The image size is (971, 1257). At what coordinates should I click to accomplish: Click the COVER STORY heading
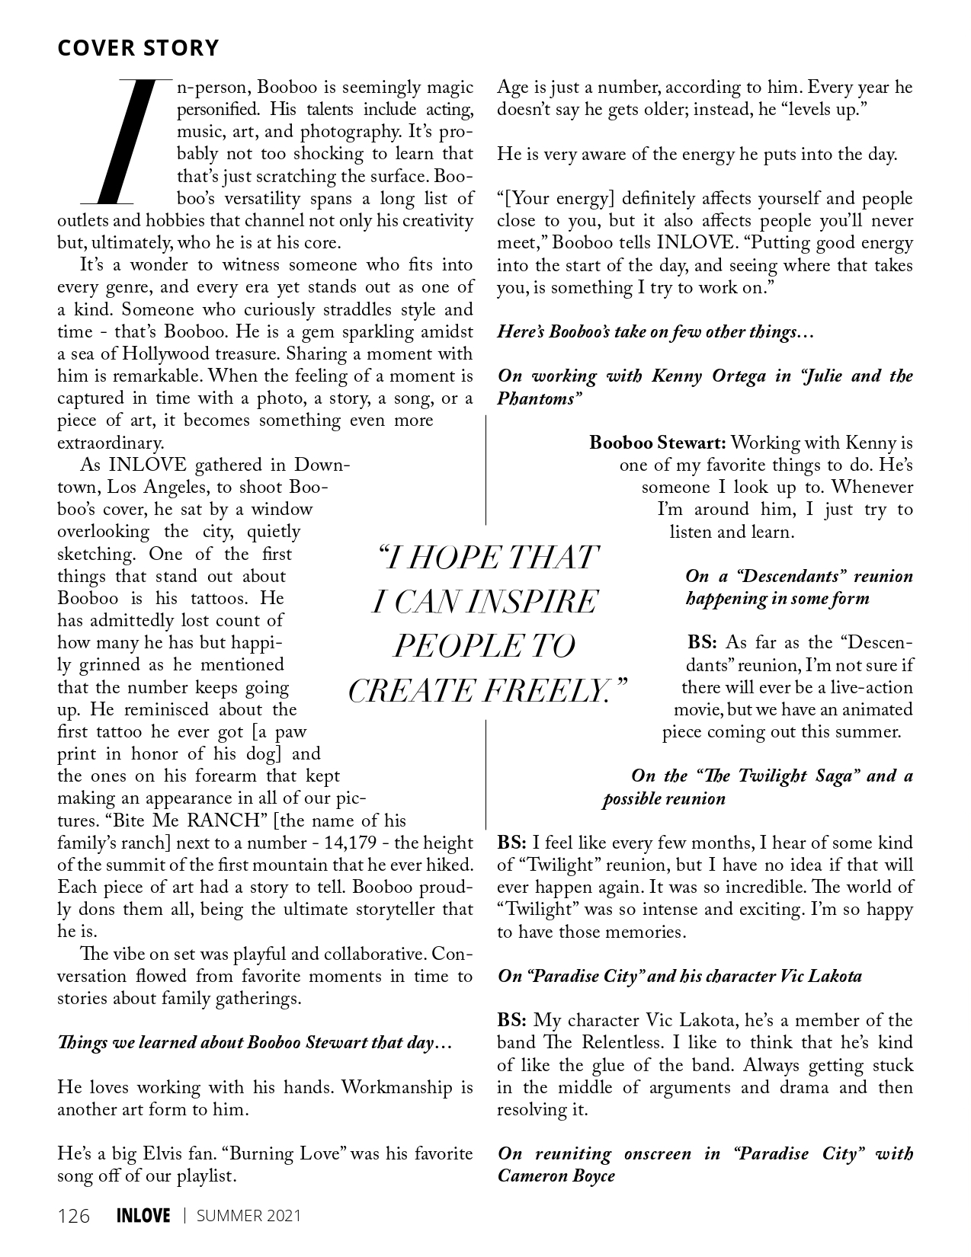pos(138,48)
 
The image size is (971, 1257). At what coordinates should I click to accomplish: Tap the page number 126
pos(74,1215)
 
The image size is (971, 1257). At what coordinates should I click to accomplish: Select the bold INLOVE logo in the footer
pos(143,1215)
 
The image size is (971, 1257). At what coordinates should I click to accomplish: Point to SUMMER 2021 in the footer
pos(248,1215)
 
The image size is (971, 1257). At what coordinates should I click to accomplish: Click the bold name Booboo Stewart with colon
pos(658,443)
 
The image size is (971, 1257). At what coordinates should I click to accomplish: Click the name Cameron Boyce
pos(556,1175)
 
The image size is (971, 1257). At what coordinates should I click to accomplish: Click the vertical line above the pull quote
pos(486,470)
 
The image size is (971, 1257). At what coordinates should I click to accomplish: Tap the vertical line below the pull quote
pos(486,773)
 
